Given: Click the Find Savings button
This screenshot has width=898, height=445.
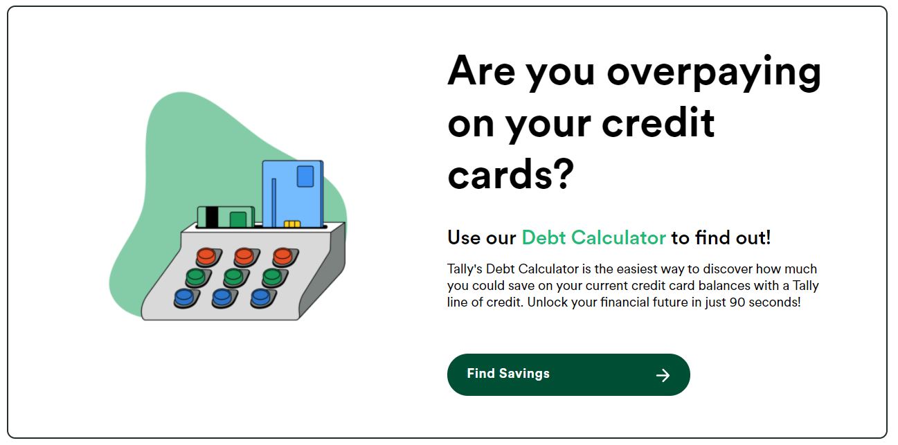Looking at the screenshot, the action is pyautogui.click(x=568, y=374).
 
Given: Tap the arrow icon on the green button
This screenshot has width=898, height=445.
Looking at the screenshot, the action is pyautogui.click(x=663, y=375).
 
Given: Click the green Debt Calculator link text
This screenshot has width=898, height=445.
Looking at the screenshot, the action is pyautogui.click(x=594, y=237).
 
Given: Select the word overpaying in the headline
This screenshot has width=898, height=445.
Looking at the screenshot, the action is pyautogui.click(x=714, y=73).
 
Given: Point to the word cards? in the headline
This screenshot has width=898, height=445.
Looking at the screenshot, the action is pyautogui.click(x=511, y=174).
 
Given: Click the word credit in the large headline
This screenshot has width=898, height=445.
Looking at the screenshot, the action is pyautogui.click(x=658, y=123).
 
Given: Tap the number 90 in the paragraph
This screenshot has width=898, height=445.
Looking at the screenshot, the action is pyautogui.click(x=737, y=302).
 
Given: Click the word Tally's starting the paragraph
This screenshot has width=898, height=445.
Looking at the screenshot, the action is pyautogui.click(x=465, y=269).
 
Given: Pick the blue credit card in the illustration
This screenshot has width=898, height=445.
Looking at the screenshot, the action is pyautogui.click(x=293, y=194).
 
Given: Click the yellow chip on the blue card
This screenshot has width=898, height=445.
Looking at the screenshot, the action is pyautogui.click(x=292, y=224).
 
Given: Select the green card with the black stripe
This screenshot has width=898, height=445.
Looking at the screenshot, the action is pyautogui.click(x=226, y=217).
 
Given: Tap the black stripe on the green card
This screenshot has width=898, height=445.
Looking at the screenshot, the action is pyautogui.click(x=212, y=217).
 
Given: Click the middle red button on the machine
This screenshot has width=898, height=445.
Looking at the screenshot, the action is pyautogui.click(x=244, y=256).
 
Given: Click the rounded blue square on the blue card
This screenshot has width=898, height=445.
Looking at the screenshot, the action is pyautogui.click(x=305, y=176).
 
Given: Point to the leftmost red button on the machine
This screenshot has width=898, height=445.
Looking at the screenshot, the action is pyautogui.click(x=207, y=256).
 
